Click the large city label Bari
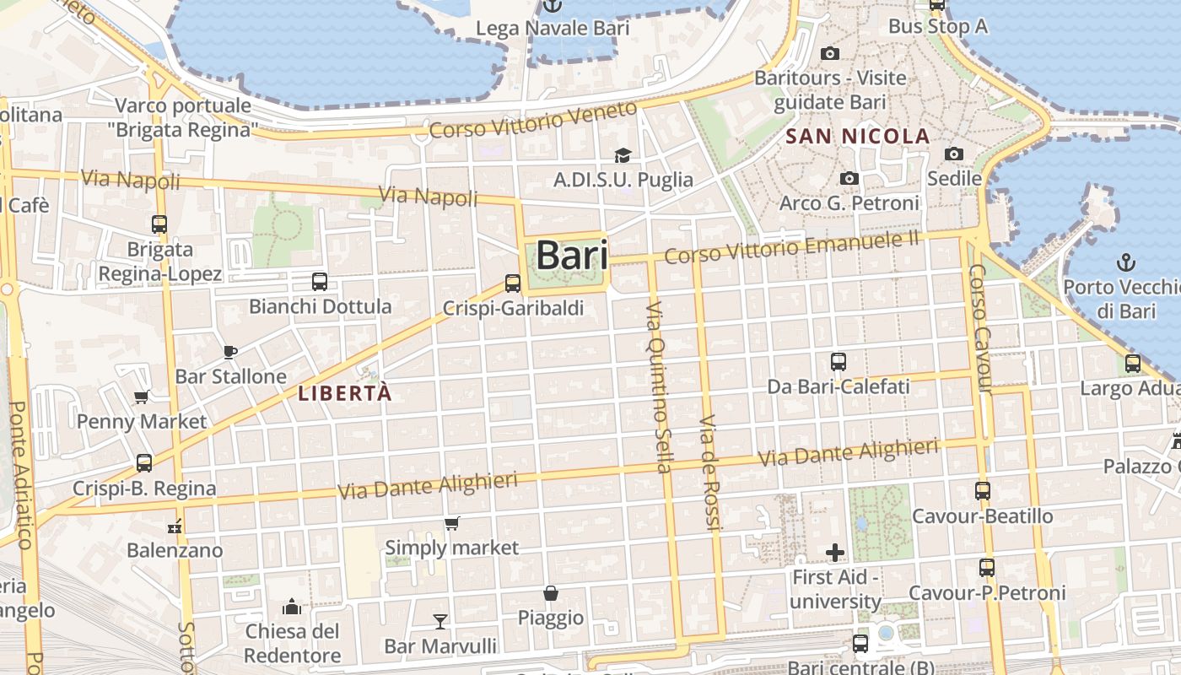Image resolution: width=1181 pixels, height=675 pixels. coord(571,255)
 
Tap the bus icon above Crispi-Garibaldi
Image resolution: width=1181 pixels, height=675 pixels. coord(513,283)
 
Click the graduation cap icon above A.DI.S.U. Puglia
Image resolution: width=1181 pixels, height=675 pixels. coord(623,155)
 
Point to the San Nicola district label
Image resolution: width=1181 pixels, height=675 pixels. coord(857,136)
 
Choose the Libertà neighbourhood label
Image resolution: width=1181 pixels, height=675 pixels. coord(344,393)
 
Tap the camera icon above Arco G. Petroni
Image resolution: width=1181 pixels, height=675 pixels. coord(849,179)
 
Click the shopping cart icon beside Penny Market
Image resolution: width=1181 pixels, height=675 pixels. coord(141,397)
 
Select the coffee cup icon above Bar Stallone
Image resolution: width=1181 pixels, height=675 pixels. coord(230,352)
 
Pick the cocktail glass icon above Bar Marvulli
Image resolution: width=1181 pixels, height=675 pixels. coord(440,622)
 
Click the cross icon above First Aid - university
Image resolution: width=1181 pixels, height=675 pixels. coord(835,553)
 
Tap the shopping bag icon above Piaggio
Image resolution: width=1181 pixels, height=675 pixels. coord(551,593)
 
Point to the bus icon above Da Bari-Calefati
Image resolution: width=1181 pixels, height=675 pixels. coord(838,362)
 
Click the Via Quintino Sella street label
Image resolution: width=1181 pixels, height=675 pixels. coord(658,387)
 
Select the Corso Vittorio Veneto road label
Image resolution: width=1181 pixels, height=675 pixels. coord(532,120)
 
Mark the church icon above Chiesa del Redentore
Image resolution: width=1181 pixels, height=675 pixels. coord(292,607)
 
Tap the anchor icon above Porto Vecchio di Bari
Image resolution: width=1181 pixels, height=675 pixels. coord(1125,262)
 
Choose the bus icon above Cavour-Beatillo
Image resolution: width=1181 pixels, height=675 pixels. coord(982,491)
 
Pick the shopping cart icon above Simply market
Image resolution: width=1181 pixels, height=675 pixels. coord(452,524)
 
